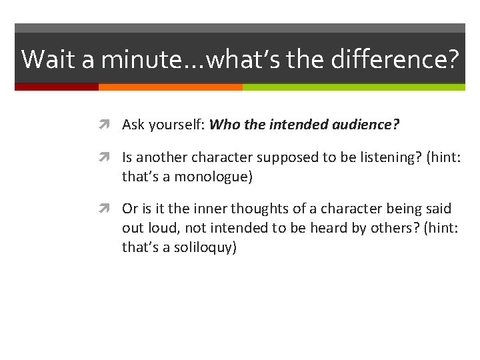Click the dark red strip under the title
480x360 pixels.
[57, 87]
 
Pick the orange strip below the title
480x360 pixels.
[170, 87]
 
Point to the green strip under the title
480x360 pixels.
[353, 87]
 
